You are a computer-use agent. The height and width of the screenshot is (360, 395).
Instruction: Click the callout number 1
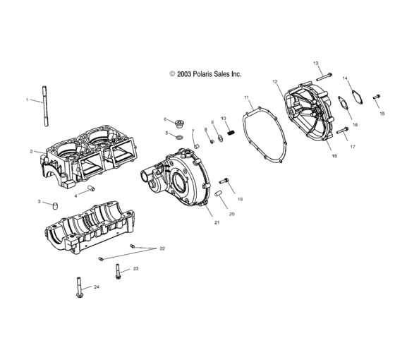(x=28, y=100)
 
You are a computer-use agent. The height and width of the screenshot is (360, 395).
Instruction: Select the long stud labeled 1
(x=45, y=106)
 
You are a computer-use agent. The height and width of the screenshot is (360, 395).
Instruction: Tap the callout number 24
(x=97, y=287)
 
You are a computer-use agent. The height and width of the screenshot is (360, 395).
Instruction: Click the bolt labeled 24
(x=79, y=287)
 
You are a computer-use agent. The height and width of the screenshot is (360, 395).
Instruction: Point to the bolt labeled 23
(x=118, y=272)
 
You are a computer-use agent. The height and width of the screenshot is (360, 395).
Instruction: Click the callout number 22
(x=162, y=248)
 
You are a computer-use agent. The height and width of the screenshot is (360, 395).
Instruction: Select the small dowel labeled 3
(x=55, y=205)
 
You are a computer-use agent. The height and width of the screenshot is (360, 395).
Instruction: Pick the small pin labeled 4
(x=91, y=188)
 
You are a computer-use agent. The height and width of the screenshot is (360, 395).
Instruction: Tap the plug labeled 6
(x=179, y=124)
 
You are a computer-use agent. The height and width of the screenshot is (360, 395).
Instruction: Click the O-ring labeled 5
(x=179, y=137)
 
